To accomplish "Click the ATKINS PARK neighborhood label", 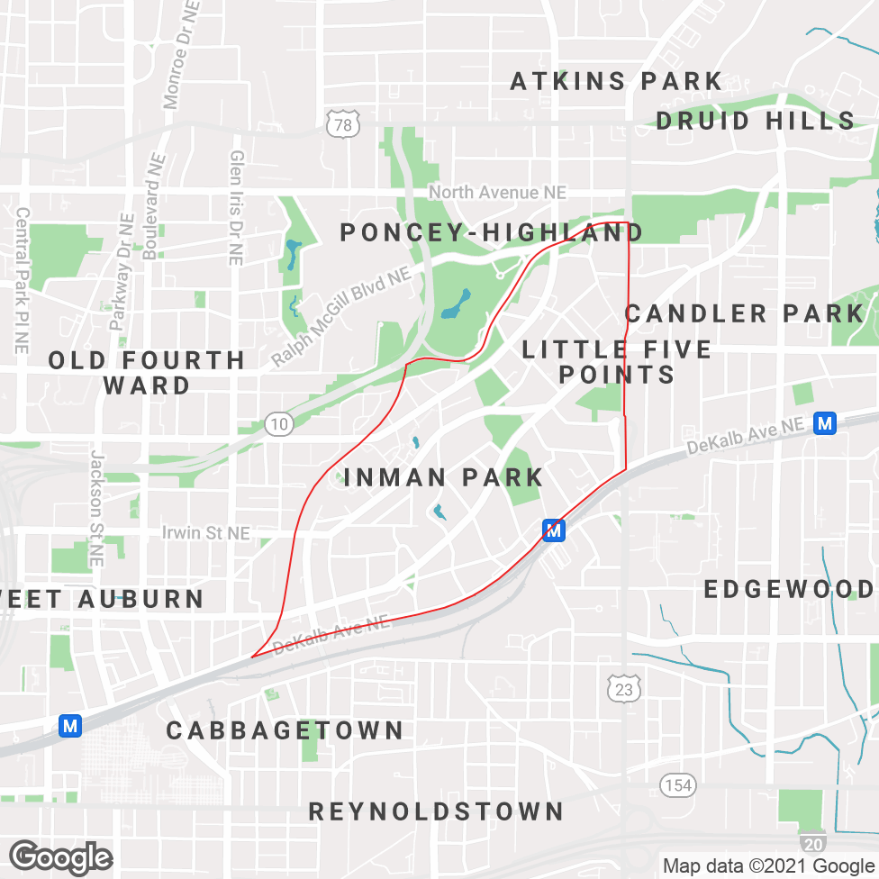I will click(x=616, y=81).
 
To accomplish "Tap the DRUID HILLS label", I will click(x=755, y=121).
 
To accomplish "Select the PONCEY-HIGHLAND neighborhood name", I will click(x=491, y=232).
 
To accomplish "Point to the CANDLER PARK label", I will click(x=744, y=313).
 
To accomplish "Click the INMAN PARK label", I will click(x=444, y=477).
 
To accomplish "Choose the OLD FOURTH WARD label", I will click(x=147, y=373).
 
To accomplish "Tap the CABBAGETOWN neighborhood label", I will click(x=285, y=729).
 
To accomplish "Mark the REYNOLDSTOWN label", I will click(x=436, y=811).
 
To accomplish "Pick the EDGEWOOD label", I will click(x=789, y=589).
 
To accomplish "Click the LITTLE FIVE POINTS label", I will click(x=617, y=361).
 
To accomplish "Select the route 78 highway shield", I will click(x=343, y=124).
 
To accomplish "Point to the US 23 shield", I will click(x=622, y=688).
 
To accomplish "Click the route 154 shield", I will click(x=677, y=784).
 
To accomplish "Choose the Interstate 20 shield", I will click(x=811, y=842).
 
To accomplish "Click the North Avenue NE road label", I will click(x=497, y=193).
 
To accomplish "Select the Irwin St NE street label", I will click(x=205, y=533).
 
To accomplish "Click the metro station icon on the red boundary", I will click(x=554, y=530).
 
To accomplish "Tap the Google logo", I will click(x=60, y=856).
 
